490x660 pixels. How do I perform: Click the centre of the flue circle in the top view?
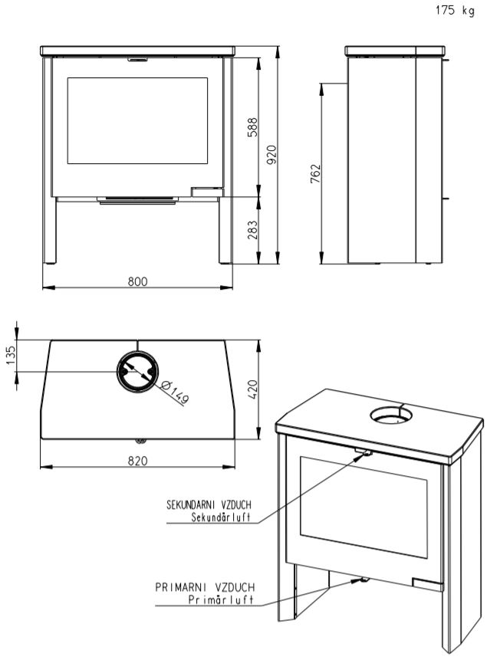[x=138, y=371]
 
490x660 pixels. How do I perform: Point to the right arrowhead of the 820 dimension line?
[x=229, y=466]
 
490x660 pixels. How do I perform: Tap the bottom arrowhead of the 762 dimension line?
[x=321, y=258]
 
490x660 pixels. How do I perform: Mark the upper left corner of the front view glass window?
[x=67, y=77]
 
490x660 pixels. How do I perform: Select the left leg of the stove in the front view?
[x=50, y=231]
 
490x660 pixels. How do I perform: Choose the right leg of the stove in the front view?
[x=225, y=231]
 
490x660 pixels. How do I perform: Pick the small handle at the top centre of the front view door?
[x=138, y=60]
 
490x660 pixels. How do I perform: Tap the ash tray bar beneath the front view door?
[x=138, y=200]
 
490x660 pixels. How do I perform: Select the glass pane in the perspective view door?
[x=363, y=507]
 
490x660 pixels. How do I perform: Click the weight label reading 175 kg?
[x=455, y=11]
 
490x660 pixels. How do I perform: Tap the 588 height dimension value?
[x=252, y=127]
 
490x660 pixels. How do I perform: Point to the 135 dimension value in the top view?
[x=11, y=355]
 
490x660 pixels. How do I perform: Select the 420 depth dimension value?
[x=252, y=389]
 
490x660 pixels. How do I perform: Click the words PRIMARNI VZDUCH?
[x=205, y=586]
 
